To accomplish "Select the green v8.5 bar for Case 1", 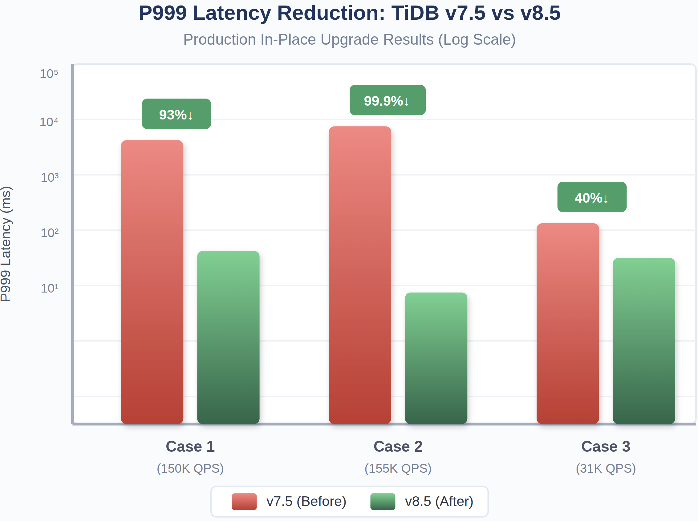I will [x=228, y=337].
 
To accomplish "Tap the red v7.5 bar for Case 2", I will [x=359, y=275].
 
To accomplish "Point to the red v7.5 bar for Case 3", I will [x=567, y=323].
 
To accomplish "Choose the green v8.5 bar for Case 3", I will [x=644, y=341].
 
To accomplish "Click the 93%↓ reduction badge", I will [x=176, y=114].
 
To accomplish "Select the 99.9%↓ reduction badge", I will [x=387, y=100].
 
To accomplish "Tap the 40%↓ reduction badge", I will [x=592, y=197].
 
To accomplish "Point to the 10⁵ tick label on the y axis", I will [x=49, y=74].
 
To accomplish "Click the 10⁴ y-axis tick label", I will [x=49, y=122].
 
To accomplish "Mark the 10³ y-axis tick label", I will [x=50, y=178].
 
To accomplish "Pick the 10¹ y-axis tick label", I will [x=50, y=288].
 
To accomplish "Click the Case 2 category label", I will [x=398, y=446].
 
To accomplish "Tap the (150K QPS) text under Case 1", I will [x=190, y=468].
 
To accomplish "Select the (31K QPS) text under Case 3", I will [x=606, y=468].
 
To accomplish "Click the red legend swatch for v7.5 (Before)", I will [x=244, y=501].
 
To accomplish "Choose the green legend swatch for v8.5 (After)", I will [x=383, y=501].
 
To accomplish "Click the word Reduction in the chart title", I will [x=331, y=13].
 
